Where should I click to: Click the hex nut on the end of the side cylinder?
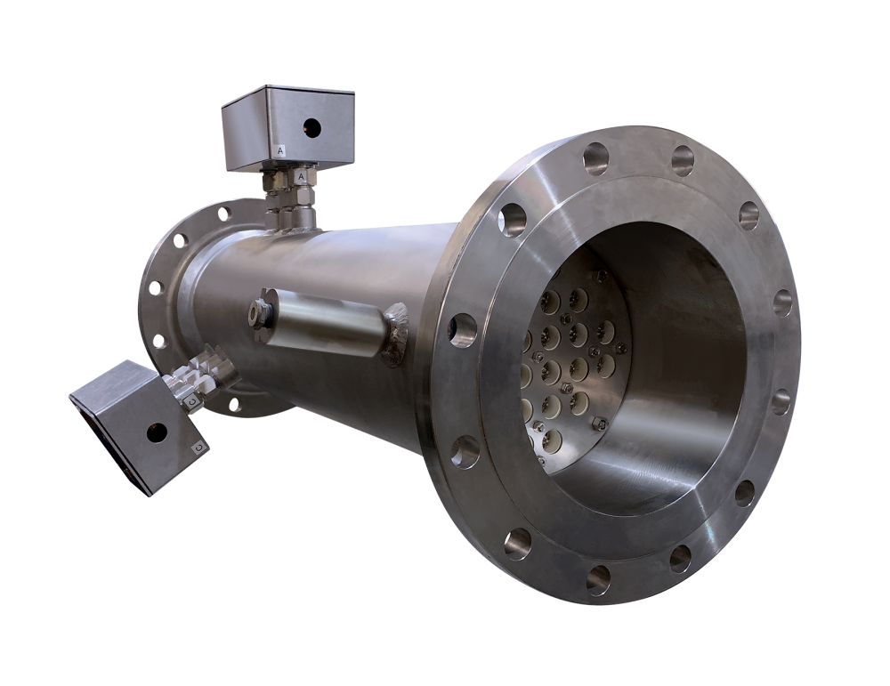tap(260, 311)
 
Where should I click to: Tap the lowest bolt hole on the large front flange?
tap(599, 579)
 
